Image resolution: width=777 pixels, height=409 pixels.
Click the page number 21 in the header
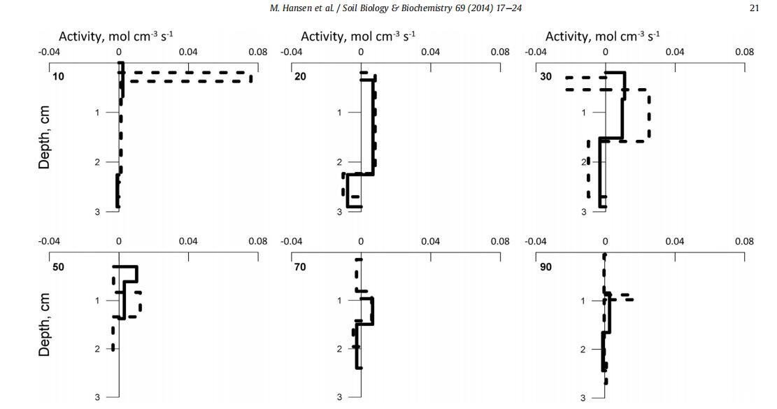pyautogui.click(x=753, y=8)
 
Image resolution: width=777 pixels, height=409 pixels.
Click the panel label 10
pyautogui.click(x=58, y=76)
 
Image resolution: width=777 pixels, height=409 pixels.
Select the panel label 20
pyautogui.click(x=300, y=76)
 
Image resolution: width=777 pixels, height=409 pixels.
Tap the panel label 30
pyautogui.click(x=546, y=76)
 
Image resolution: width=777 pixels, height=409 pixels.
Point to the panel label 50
pyautogui.click(x=58, y=267)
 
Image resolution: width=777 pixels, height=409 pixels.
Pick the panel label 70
pyautogui.click(x=300, y=267)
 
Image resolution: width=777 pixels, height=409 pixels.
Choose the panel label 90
pyautogui.click(x=546, y=267)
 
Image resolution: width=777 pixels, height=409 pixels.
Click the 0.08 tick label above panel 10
pyautogui.click(x=257, y=52)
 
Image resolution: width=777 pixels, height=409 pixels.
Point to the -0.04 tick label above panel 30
pyautogui.click(x=536, y=52)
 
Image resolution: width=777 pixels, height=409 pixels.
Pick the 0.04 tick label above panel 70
pyautogui.click(x=430, y=242)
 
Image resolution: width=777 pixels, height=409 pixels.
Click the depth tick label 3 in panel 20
pyautogui.click(x=340, y=212)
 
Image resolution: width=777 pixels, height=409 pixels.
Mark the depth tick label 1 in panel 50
pyautogui.click(x=97, y=301)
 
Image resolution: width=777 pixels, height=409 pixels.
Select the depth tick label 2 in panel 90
pyautogui.click(x=583, y=349)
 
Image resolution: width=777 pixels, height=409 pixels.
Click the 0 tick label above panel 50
pyautogui.click(x=119, y=242)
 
